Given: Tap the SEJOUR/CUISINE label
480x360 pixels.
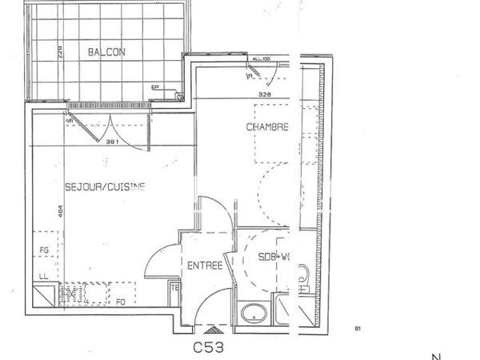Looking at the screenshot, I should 105,187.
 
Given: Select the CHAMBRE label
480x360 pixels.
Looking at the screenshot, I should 266,127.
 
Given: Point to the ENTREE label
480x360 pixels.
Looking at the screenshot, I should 204,266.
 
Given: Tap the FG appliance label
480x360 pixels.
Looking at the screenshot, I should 44,250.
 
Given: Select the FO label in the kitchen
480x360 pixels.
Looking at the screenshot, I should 121,302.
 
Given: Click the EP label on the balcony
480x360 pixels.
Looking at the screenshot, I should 155,88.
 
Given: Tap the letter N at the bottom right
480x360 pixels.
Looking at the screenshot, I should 436,356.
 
